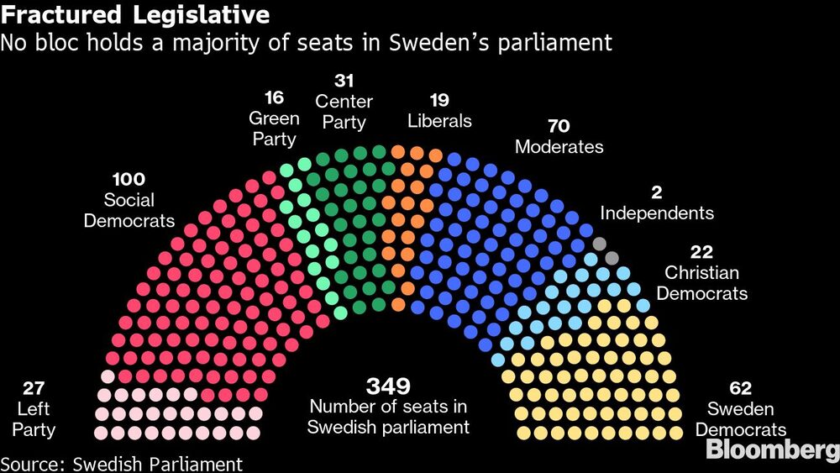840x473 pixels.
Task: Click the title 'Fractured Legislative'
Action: click(x=136, y=15)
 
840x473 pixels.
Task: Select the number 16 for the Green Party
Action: click(x=274, y=97)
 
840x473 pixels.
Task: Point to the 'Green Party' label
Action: click(x=274, y=129)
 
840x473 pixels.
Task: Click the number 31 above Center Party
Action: click(x=344, y=81)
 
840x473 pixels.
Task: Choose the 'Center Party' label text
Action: click(x=344, y=112)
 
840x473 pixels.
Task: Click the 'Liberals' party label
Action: click(x=439, y=121)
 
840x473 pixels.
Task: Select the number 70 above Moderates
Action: click(x=559, y=126)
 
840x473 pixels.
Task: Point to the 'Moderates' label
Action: click(x=559, y=147)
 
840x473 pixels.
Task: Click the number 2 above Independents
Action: click(x=656, y=192)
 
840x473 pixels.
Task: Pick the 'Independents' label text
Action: click(x=656, y=213)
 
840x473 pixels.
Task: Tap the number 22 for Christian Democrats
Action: click(x=701, y=252)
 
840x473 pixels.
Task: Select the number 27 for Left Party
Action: click(x=34, y=389)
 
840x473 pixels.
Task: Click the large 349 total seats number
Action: click(x=387, y=386)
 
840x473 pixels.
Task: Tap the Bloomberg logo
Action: click(x=772, y=450)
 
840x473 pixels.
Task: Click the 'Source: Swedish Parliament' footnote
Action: click(x=122, y=464)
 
